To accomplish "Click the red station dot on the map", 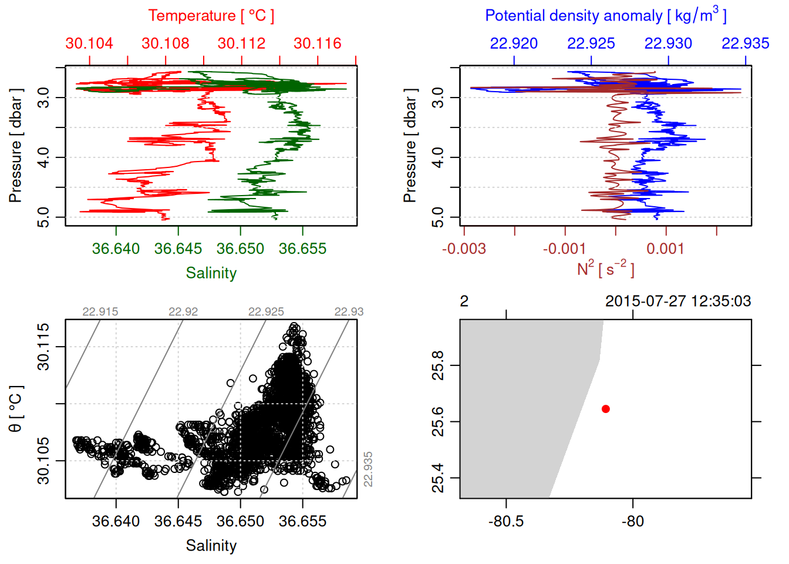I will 605,409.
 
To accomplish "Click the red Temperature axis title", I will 211,16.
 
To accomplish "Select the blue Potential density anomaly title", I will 605,15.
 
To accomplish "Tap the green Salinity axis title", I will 211,273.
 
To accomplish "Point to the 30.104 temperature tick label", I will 89,43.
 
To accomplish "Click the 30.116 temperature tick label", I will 318,43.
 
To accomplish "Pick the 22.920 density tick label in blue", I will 514,43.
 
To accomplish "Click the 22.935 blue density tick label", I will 745,43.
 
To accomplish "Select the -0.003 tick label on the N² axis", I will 464,249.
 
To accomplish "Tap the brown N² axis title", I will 605,268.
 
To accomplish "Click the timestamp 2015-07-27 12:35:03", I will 678,301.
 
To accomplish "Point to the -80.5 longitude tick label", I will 505,521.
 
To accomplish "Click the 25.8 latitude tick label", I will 438,365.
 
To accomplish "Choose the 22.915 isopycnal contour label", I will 100,312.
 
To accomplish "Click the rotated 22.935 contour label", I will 368,469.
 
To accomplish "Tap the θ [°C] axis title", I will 16,409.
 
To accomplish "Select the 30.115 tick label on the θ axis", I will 44,347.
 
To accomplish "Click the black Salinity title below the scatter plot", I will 211,546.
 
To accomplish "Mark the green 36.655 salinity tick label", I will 302,249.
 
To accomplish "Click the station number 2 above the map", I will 464,301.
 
